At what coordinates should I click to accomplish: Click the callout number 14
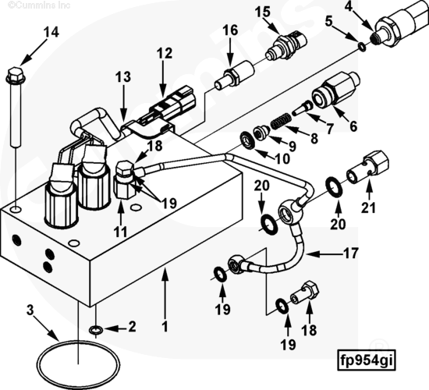(51, 32)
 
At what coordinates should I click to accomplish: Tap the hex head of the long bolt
(16, 75)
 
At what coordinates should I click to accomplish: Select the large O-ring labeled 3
(78, 364)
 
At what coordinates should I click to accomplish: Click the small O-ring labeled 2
(96, 330)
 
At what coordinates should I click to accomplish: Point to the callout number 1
(165, 327)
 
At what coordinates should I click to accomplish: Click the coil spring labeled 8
(281, 121)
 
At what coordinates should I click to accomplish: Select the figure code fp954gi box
(366, 360)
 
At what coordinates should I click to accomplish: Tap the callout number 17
(351, 253)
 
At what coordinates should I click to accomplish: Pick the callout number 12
(165, 53)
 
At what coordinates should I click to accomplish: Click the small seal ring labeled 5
(362, 47)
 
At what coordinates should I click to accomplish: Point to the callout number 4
(349, 6)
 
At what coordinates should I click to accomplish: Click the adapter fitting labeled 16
(235, 74)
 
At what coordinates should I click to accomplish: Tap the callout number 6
(353, 126)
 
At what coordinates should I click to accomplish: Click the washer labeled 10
(248, 141)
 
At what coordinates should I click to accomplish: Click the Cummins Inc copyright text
(39, 5)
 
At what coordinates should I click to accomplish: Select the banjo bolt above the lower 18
(304, 293)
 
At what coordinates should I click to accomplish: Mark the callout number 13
(123, 77)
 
